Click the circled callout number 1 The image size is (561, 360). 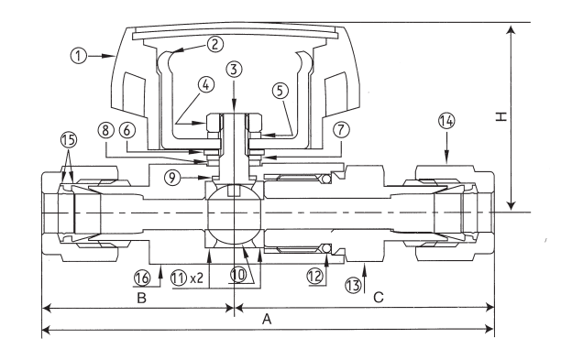(x=78, y=56)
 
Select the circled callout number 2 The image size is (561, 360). (x=214, y=44)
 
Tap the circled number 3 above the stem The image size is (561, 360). (x=234, y=70)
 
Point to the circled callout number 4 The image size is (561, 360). (x=205, y=85)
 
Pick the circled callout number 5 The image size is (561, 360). (x=280, y=91)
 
